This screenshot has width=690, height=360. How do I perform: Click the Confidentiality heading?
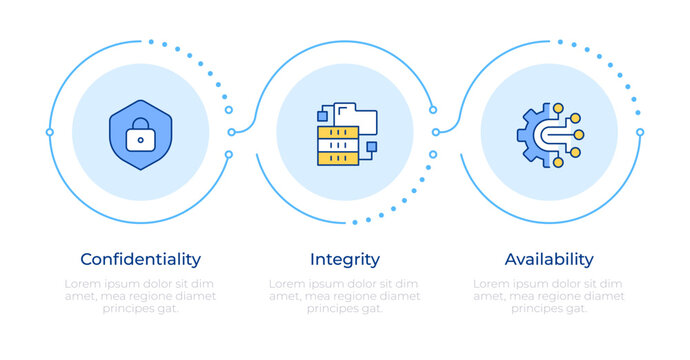pos(140,259)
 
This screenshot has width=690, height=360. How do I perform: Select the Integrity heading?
pos(344,259)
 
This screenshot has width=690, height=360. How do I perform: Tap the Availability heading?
pos(548,259)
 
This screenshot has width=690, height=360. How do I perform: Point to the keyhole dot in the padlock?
pos(140,140)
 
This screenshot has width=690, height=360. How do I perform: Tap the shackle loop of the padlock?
pos(140,125)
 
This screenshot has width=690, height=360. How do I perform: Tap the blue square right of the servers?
pos(370,148)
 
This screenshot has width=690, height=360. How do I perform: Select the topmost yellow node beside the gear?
pos(559,106)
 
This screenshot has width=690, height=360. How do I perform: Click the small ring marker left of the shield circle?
pos(49,132)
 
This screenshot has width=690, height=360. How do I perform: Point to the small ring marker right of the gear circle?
pos(640,132)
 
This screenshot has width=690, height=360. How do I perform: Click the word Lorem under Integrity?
pos(288,284)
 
